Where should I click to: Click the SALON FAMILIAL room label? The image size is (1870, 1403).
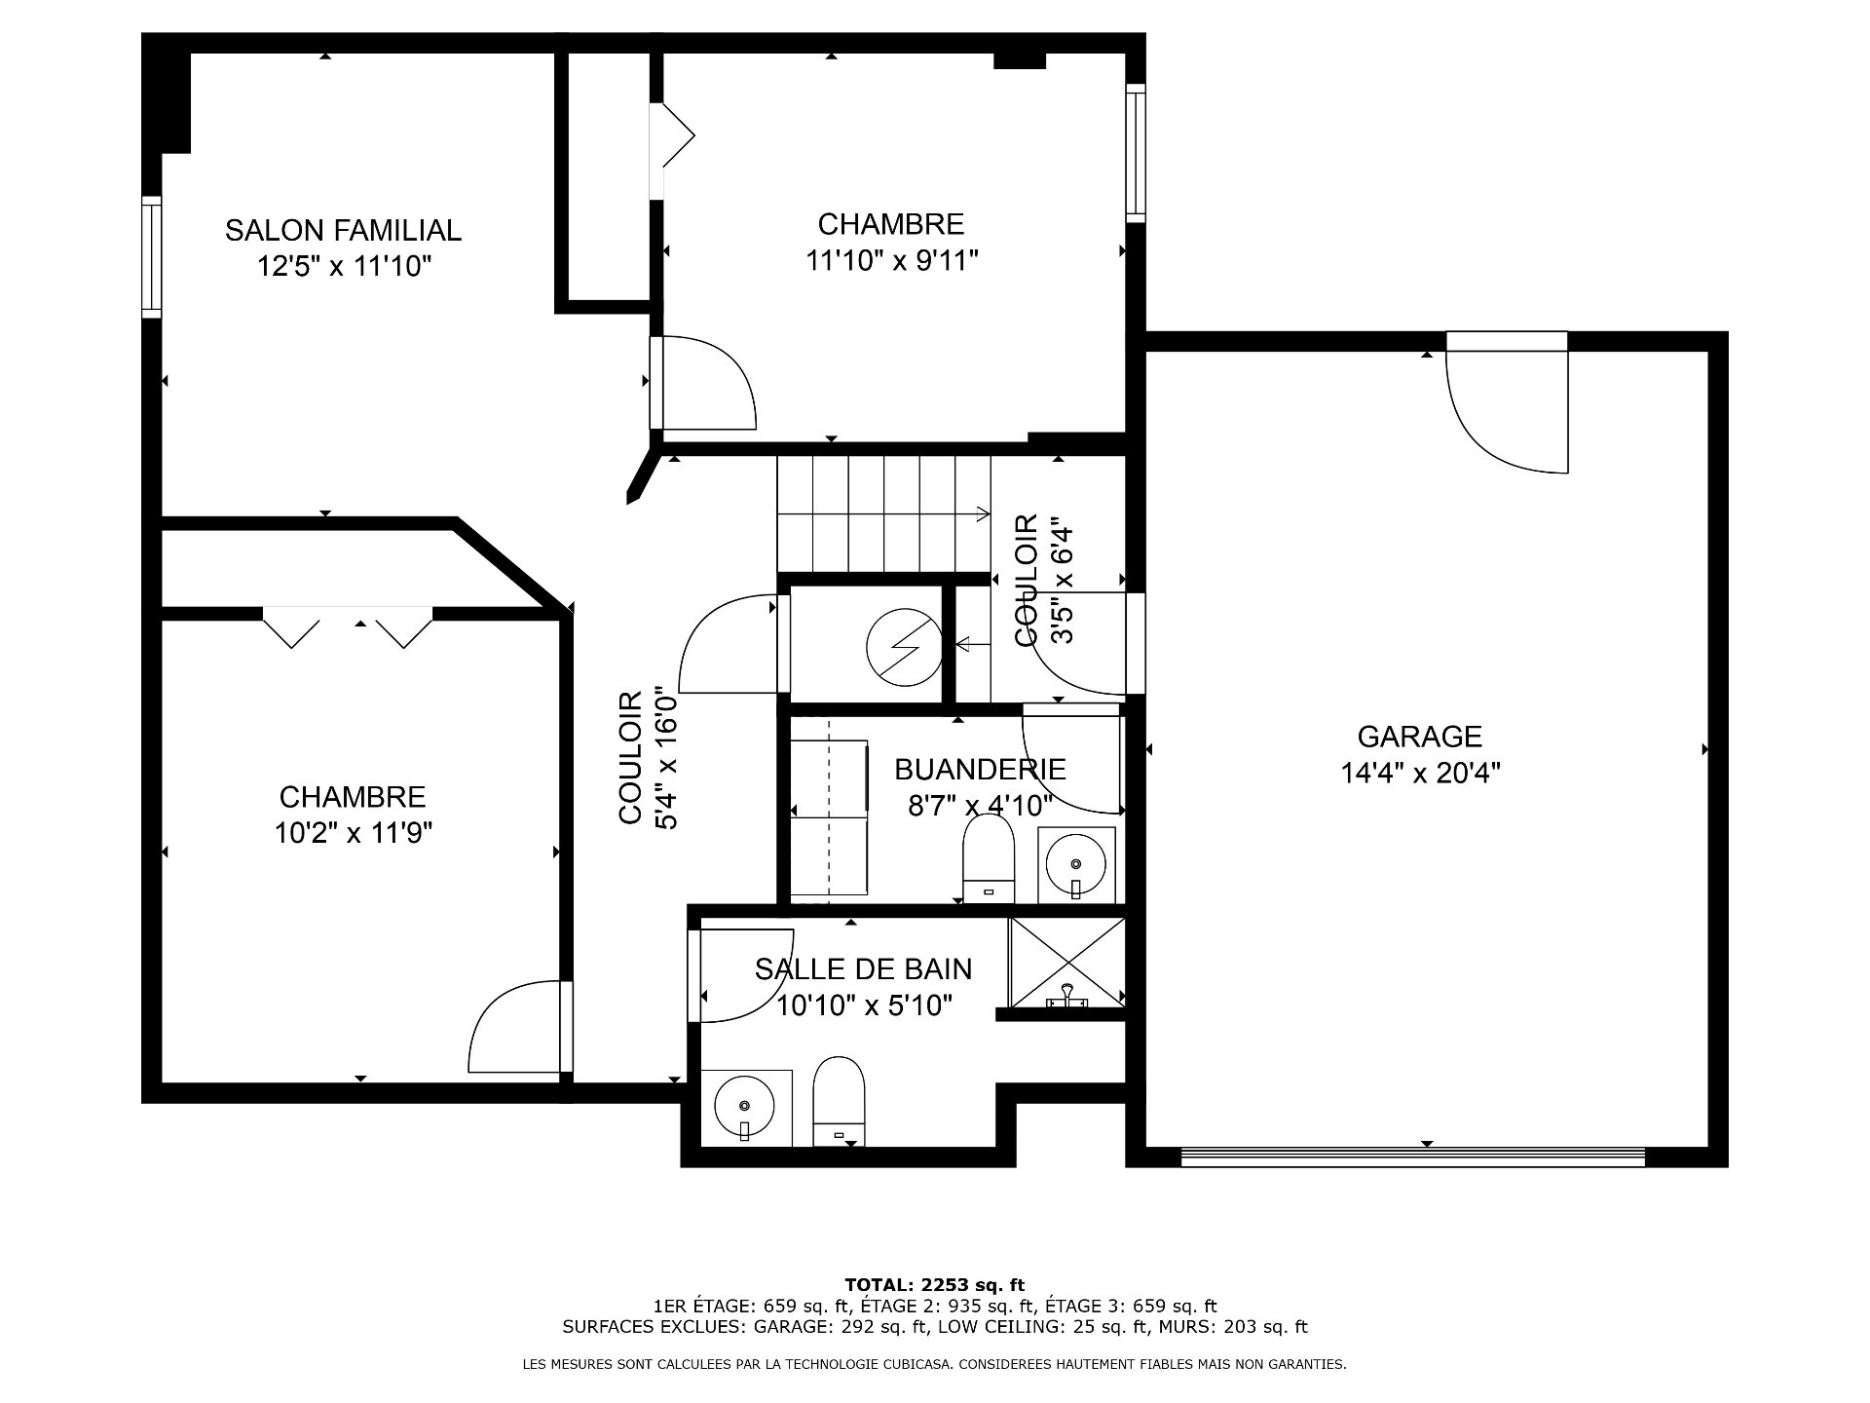point(343,231)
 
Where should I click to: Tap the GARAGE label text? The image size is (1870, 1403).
point(1420,737)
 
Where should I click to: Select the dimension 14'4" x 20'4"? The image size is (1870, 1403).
point(1420,774)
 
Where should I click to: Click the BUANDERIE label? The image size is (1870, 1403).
point(980,770)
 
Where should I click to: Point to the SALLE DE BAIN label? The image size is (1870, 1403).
point(863,968)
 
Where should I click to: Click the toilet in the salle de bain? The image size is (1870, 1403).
point(839,1101)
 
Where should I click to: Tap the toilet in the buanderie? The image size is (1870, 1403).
point(989,858)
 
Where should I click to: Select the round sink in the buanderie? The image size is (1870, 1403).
point(1075,864)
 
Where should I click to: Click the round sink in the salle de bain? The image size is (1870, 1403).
point(744,1106)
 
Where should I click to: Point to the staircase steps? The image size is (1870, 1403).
point(883,514)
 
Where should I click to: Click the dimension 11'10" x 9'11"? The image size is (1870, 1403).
point(892,261)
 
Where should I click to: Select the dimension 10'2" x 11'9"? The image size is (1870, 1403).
point(353,833)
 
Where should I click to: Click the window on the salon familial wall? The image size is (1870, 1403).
point(151,257)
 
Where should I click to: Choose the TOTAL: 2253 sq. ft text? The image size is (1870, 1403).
point(934,1285)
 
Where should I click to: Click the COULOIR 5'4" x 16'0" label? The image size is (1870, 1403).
point(647,758)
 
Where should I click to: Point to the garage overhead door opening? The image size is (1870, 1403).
point(1412,1157)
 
